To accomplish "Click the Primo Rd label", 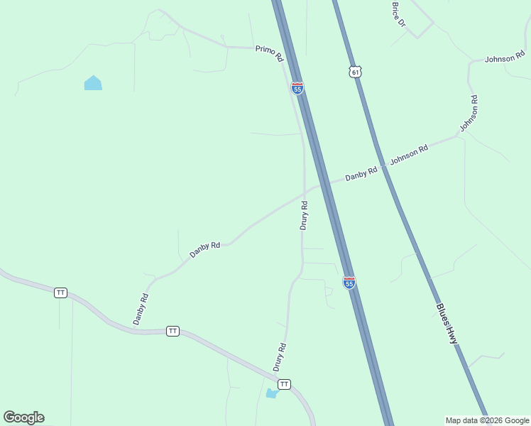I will coord(269,52).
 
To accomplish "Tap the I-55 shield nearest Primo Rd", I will coord(297,88).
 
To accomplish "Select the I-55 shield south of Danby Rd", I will coord(349,283).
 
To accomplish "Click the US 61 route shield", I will coord(356,72).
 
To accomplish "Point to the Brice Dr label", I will coord(398,14).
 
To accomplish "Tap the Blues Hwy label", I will coord(447,324).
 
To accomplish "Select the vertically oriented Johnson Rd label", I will coord(469,114).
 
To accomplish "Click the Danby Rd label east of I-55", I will coord(361,173).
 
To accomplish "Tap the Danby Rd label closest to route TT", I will coord(141,310).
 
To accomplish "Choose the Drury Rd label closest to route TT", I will coord(279,357).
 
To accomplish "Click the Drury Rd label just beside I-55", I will coord(304,215).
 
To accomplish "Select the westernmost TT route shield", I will coord(60,293).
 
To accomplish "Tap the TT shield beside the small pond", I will coord(284,384).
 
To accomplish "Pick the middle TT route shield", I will coord(173,331).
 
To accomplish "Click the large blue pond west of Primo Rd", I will coord(93,83).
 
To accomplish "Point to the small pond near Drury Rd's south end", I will coord(271,393).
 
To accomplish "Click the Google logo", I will coord(23,417).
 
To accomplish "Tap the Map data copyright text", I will coord(487,420).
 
